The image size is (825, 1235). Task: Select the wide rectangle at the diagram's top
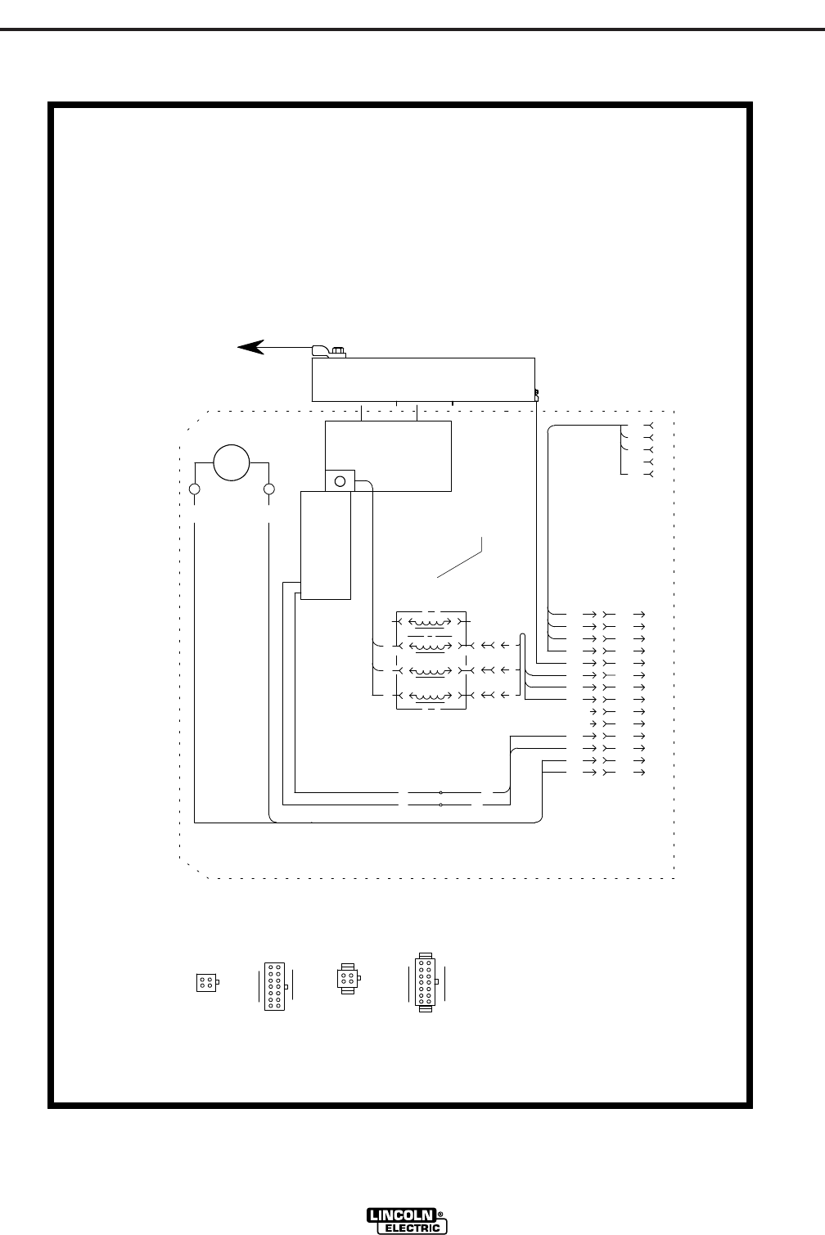(x=423, y=379)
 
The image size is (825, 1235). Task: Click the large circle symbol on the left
(x=231, y=462)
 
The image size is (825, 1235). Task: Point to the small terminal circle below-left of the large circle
(x=195, y=490)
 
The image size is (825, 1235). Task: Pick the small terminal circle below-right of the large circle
(x=268, y=490)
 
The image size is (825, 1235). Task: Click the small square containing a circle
(x=340, y=480)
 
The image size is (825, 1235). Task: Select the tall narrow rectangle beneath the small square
(x=325, y=544)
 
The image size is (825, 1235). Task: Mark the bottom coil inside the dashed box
(x=431, y=697)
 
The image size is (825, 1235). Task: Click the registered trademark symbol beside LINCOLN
(x=442, y=1215)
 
